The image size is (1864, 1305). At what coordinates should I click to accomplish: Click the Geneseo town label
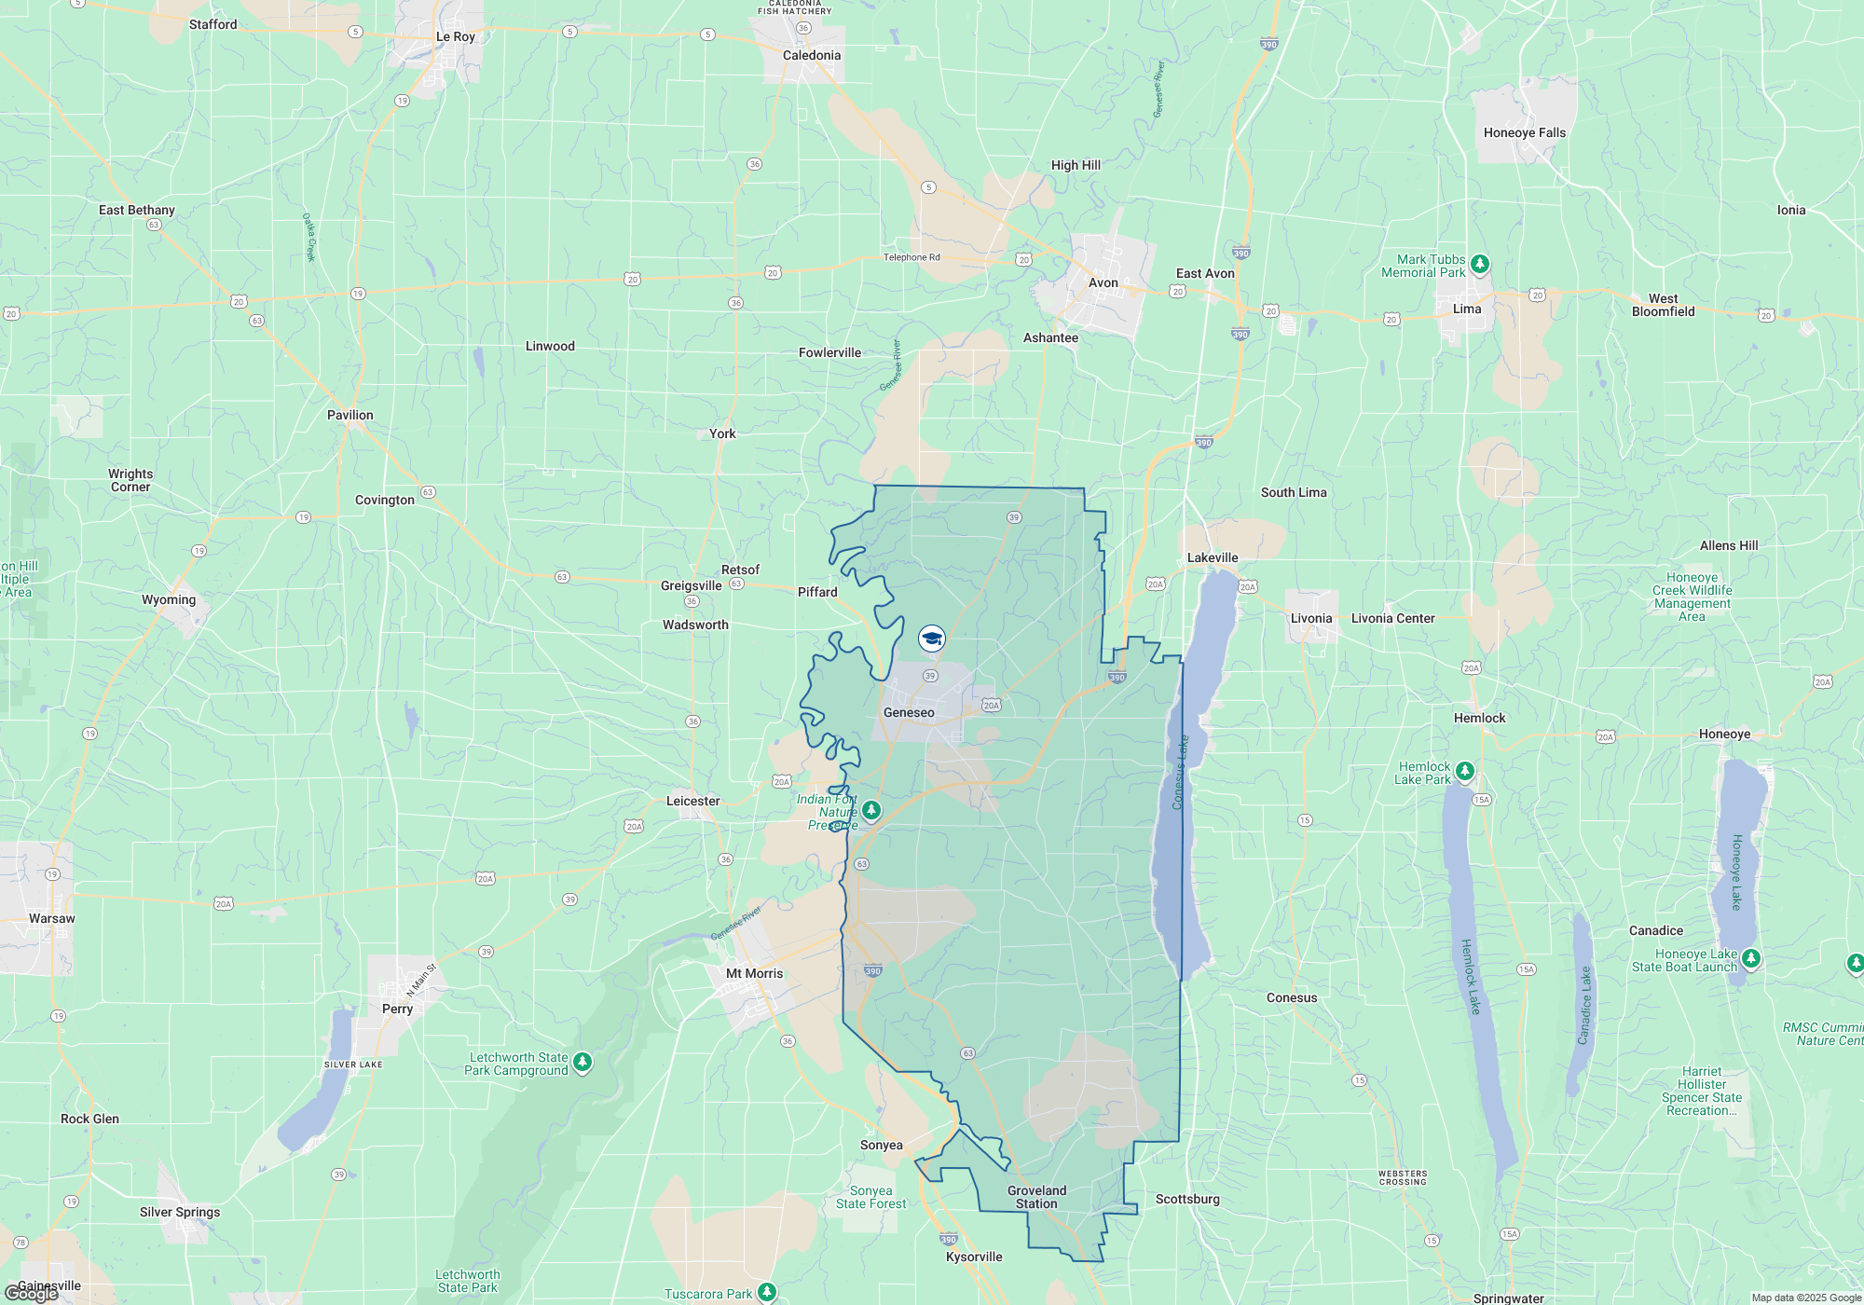pos(909,713)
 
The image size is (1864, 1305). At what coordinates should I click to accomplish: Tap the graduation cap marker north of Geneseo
pos(932,639)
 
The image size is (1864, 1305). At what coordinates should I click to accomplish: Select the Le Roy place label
pos(456,37)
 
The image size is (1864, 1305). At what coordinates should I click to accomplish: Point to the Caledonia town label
pos(812,56)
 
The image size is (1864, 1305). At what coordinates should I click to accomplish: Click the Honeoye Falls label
pos(1525,133)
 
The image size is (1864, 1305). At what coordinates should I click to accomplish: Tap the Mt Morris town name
pos(755,974)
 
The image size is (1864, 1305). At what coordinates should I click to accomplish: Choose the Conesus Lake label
pos(1181,773)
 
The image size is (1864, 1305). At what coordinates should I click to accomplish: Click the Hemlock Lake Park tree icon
pos(1465,771)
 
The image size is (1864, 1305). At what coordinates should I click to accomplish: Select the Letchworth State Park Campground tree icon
pos(582,1062)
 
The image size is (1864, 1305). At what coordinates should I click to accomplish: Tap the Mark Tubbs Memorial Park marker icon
pos(1479,264)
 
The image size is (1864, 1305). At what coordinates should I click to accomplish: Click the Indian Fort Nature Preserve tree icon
pos(871,810)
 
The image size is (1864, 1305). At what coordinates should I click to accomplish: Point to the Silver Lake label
pos(353,1065)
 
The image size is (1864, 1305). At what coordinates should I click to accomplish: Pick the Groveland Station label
pos(1036,1197)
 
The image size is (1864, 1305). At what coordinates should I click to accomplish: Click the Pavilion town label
pos(350,416)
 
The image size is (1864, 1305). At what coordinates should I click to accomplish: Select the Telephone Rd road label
pos(911,258)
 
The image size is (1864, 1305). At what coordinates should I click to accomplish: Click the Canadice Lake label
pos(1584,1005)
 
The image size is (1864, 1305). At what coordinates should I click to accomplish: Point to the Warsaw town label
pos(52,919)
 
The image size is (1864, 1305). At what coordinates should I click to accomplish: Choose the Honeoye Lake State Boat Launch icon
pos(1751,958)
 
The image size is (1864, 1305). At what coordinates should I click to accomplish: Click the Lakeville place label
pos(1213,558)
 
